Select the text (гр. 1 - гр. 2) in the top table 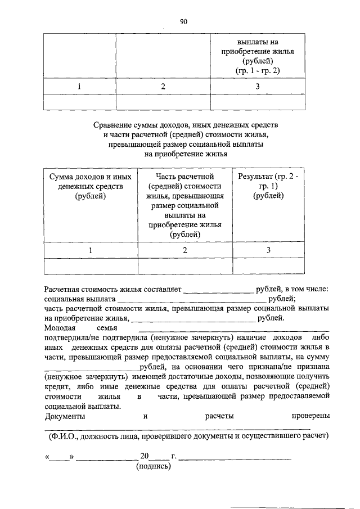(x=258, y=70)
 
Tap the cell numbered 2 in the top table (x=163, y=87)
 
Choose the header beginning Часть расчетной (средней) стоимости (x=185, y=205)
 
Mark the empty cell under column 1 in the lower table (x=91, y=266)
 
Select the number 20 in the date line (x=145, y=456)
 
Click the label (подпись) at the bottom (x=152, y=467)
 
